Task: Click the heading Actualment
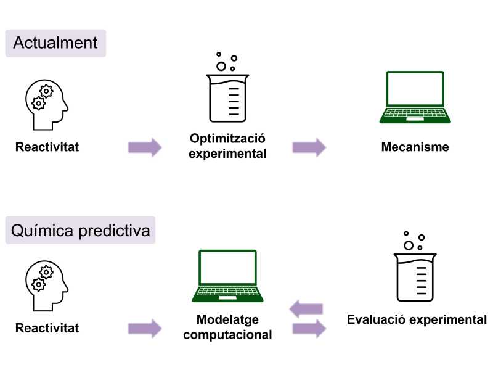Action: (55, 43)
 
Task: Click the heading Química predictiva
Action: (80, 232)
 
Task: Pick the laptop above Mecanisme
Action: (415, 97)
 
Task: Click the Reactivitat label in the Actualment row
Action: (47, 147)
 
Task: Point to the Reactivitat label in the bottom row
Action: (47, 328)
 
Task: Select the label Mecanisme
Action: (415, 147)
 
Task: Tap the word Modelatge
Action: (227, 321)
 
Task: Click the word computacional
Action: (227, 335)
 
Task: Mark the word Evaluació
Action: (375, 320)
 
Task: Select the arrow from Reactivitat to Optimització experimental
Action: (145, 147)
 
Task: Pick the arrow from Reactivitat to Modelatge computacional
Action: (145, 328)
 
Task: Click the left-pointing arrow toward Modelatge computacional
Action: (306, 308)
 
